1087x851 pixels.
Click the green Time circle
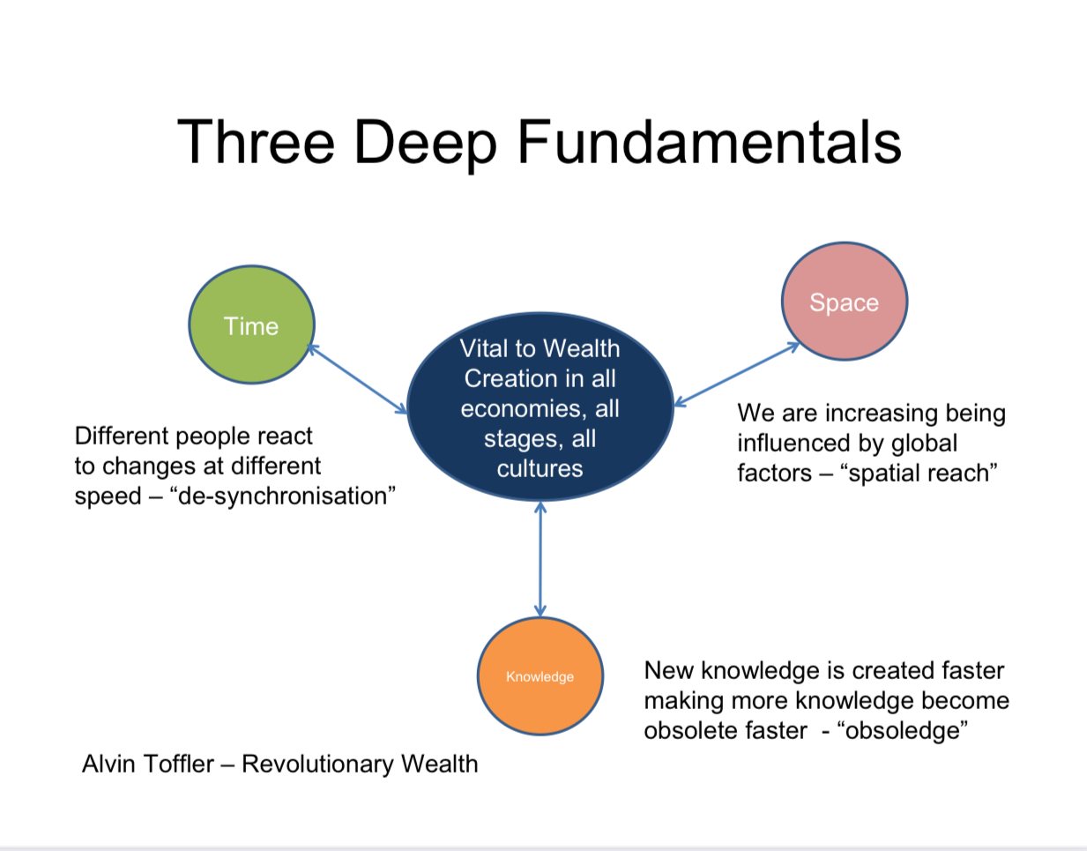click(x=251, y=325)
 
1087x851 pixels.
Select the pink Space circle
click(x=844, y=302)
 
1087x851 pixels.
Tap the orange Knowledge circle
click(x=540, y=676)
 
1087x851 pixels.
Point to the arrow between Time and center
click(x=357, y=379)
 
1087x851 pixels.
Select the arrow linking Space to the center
click(x=736, y=375)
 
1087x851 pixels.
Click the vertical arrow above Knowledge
click(x=540, y=559)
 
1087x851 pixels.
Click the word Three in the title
click(x=256, y=142)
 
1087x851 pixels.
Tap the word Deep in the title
click(x=425, y=144)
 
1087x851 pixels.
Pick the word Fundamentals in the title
click(x=709, y=142)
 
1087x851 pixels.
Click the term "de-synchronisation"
click(x=282, y=496)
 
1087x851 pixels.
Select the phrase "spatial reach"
click(x=919, y=474)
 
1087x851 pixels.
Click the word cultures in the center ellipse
click(x=540, y=468)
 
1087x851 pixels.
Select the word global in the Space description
click(x=923, y=443)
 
